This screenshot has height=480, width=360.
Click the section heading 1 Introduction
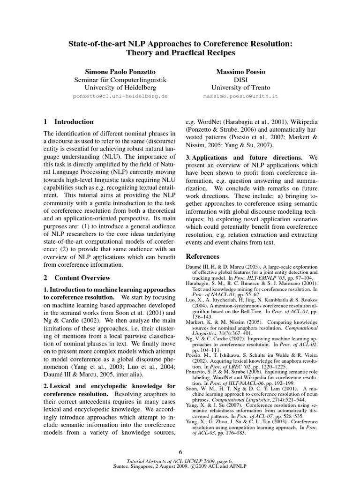68,122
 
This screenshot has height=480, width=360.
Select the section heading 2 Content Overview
77,278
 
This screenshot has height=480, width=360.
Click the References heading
202,256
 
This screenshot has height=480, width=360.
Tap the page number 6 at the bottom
180,452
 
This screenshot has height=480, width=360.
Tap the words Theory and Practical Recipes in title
180,53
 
